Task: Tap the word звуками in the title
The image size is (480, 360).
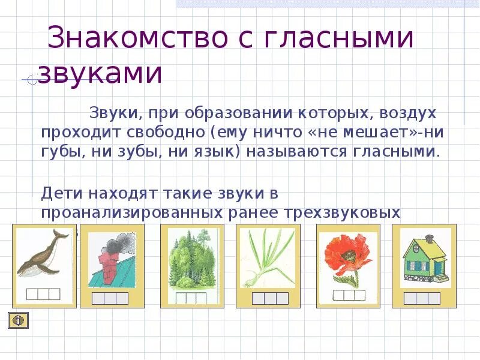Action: point(100,74)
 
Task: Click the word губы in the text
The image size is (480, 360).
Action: point(61,151)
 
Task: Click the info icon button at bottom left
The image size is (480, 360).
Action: point(18,320)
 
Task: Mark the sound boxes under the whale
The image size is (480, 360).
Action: point(44,293)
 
